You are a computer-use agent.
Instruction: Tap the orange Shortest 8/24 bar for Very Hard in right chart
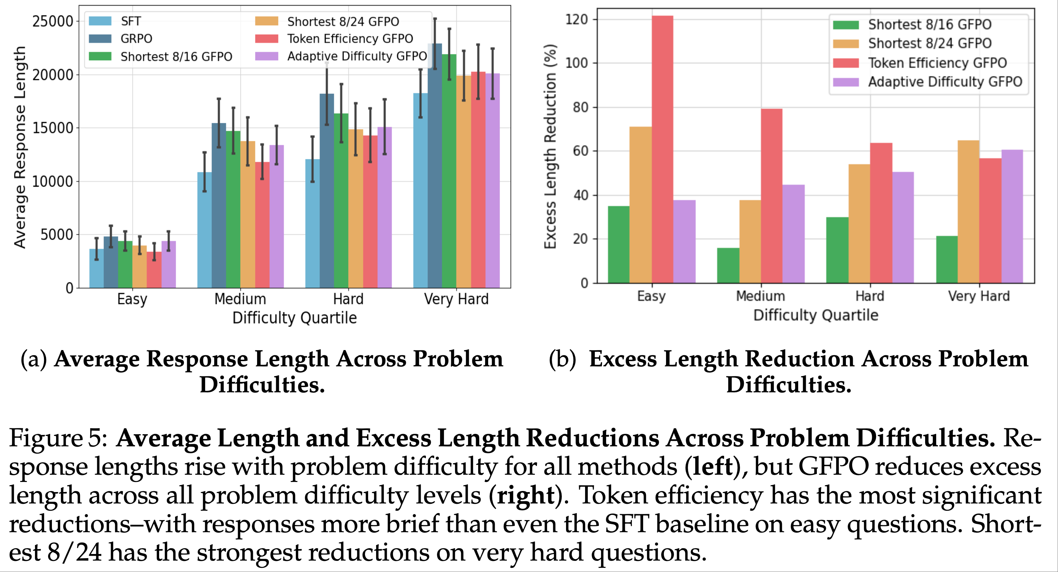click(x=968, y=212)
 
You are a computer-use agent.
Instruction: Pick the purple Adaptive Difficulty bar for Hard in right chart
click(x=903, y=227)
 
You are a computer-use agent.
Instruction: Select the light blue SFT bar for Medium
click(x=204, y=230)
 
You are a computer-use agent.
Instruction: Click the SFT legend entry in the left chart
click(x=131, y=21)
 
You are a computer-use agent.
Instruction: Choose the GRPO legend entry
click(x=136, y=39)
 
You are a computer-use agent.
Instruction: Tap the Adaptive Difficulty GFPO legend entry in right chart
click(x=945, y=82)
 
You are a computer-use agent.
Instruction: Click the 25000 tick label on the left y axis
click(x=53, y=21)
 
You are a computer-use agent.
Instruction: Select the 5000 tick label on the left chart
click(x=57, y=235)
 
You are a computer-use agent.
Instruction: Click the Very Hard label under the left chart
click(x=456, y=299)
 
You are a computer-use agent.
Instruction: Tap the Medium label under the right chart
click(x=760, y=296)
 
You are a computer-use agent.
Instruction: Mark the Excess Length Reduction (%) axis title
click(x=550, y=146)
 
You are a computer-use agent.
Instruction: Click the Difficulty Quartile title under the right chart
click(x=816, y=315)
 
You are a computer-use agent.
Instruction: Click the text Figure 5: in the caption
click(x=58, y=438)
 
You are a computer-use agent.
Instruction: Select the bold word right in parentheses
click(x=526, y=495)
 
